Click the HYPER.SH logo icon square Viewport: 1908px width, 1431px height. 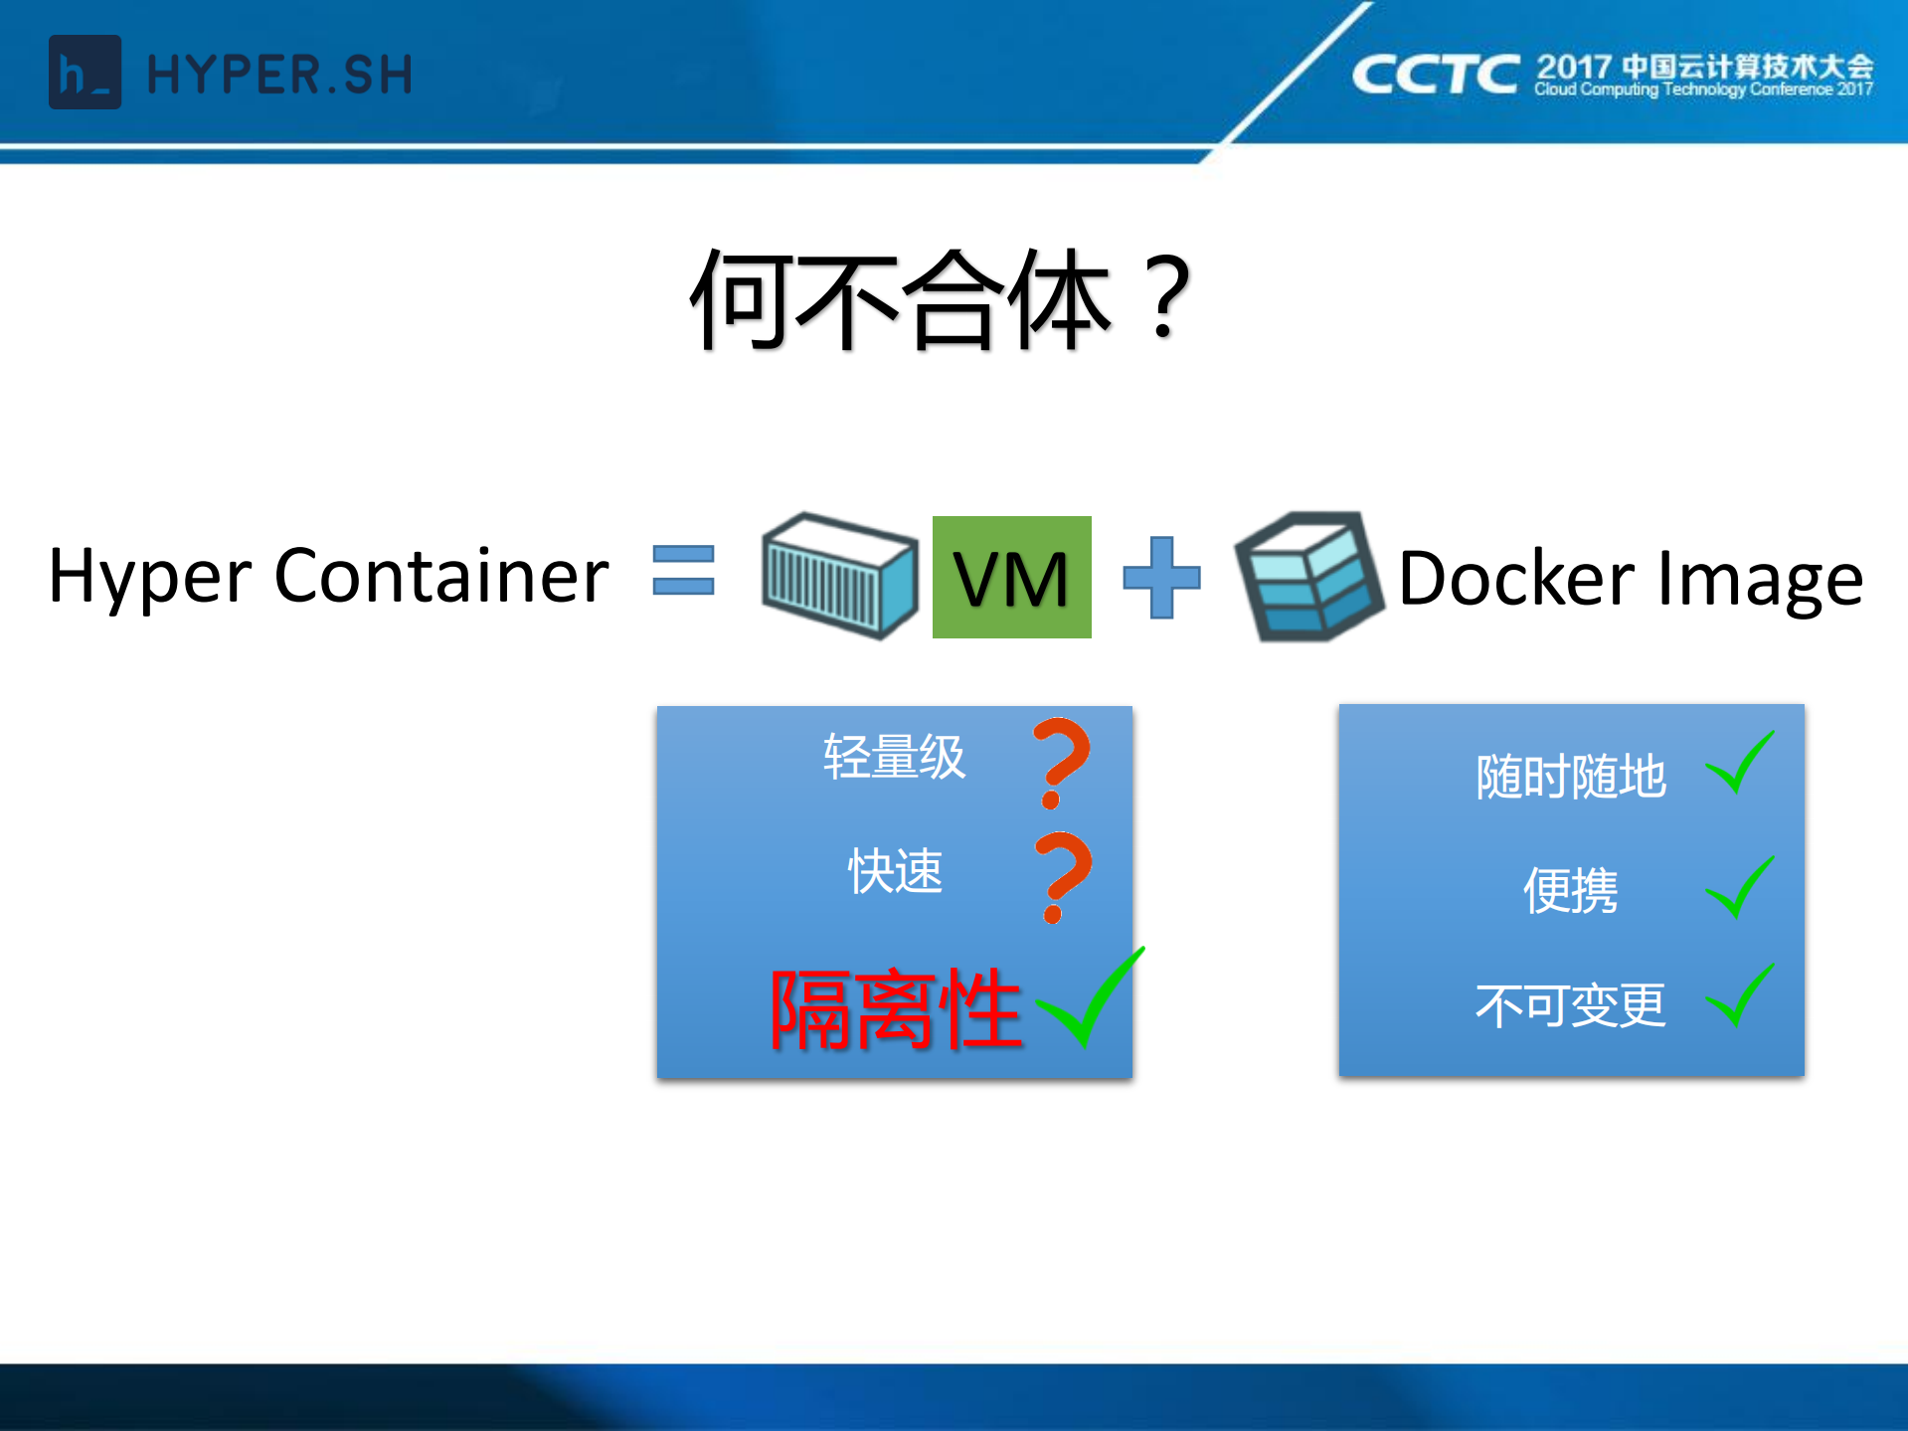coord(85,73)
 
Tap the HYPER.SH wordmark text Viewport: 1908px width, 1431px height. coord(279,76)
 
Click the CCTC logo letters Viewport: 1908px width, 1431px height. coord(1435,75)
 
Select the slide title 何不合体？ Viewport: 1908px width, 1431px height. coord(941,300)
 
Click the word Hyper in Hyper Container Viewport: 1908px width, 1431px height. coord(150,578)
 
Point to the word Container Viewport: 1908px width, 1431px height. coord(440,576)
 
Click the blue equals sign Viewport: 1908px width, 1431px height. coord(683,570)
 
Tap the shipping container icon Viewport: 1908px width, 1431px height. coord(839,575)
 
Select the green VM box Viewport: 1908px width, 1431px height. coord(1011,577)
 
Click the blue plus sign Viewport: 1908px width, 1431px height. coord(1161,577)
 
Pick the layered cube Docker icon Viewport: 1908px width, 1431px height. coord(1307,576)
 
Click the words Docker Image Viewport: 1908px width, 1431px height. coord(1630,578)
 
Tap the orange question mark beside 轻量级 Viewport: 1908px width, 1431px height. coord(1061,761)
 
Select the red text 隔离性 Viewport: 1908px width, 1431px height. coord(896,1009)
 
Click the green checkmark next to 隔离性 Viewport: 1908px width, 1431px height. coord(1090,998)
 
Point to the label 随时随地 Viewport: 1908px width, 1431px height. coord(1570,777)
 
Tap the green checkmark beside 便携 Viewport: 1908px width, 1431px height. coord(1740,887)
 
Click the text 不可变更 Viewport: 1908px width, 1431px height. coord(1570,1005)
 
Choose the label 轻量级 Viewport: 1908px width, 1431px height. coord(894,757)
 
